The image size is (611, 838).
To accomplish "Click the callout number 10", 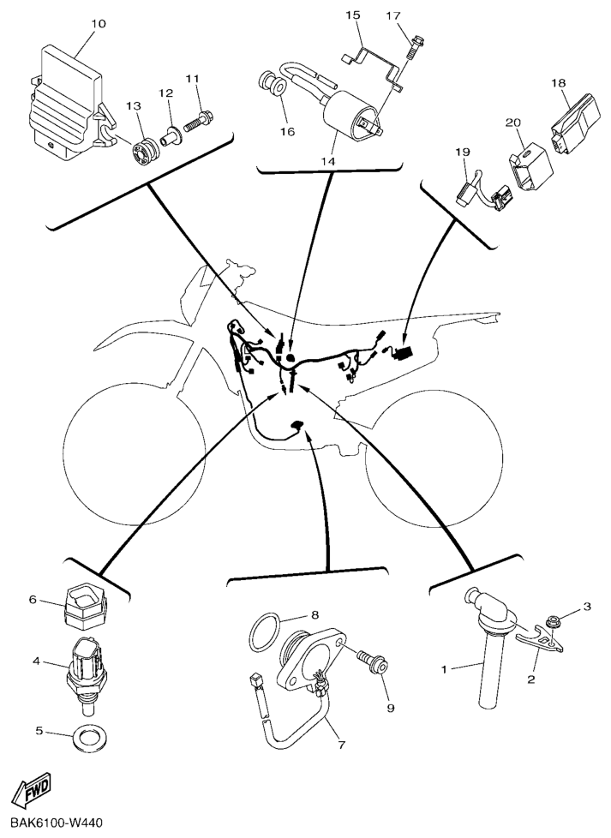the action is [99, 23].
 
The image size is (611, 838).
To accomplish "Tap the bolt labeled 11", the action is [200, 121].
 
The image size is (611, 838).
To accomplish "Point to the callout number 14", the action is [327, 160].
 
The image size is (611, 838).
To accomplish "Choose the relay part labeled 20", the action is [530, 165].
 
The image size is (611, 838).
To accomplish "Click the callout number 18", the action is [559, 83].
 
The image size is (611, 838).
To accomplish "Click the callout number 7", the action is [342, 745].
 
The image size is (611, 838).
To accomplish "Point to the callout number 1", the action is [444, 669].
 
